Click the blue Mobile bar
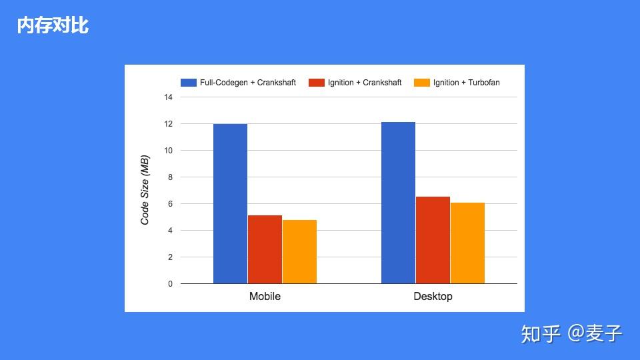[x=230, y=204]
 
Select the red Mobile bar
[x=265, y=249]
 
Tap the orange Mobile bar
[x=299, y=252]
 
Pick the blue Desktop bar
[x=399, y=203]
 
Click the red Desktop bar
[x=433, y=240]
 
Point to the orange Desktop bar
[x=468, y=243]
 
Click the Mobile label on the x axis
[x=265, y=296]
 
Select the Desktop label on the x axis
[x=433, y=296]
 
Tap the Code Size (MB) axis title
[x=145, y=190]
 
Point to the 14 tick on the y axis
[x=168, y=97]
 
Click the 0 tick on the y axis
[x=170, y=284]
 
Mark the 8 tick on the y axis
[x=170, y=177]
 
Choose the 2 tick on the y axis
[x=170, y=257]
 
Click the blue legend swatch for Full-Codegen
[x=189, y=83]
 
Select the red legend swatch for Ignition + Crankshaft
[x=316, y=83]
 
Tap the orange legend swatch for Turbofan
[x=422, y=83]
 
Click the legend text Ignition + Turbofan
[x=467, y=83]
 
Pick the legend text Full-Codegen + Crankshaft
[x=248, y=83]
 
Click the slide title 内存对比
[x=53, y=25]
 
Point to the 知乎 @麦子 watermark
[x=571, y=333]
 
